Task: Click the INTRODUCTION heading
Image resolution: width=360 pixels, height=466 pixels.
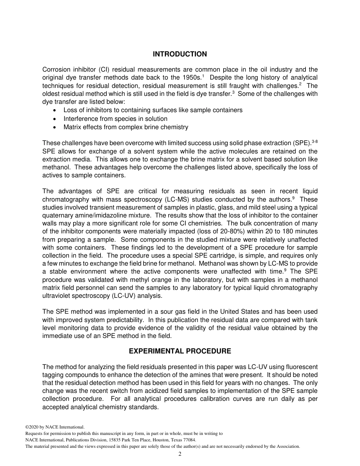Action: pos(180,54)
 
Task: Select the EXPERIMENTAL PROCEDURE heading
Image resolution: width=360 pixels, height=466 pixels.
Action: pos(180,351)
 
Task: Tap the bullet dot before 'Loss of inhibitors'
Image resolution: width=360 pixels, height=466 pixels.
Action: pos(55,110)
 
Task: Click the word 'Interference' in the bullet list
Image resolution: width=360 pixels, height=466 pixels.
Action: pos(80,119)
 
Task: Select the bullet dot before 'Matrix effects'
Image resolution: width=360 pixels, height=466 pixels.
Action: pos(55,127)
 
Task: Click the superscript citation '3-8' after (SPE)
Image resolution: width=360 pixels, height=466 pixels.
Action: pos(314,141)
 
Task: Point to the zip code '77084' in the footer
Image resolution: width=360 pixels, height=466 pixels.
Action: pos(189,440)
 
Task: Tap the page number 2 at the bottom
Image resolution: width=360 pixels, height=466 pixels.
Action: pos(180,454)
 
